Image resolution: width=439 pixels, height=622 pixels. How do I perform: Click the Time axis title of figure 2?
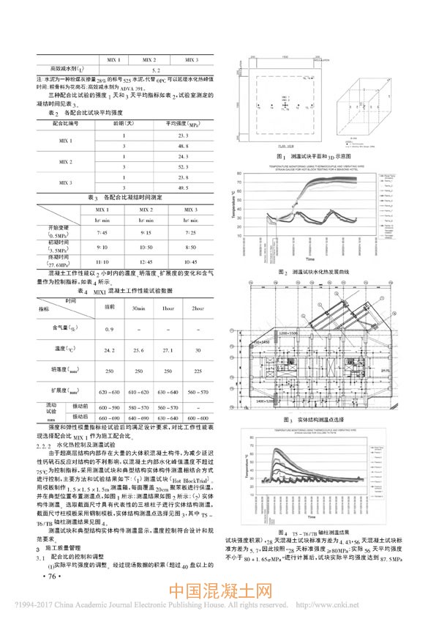coord(310,259)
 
